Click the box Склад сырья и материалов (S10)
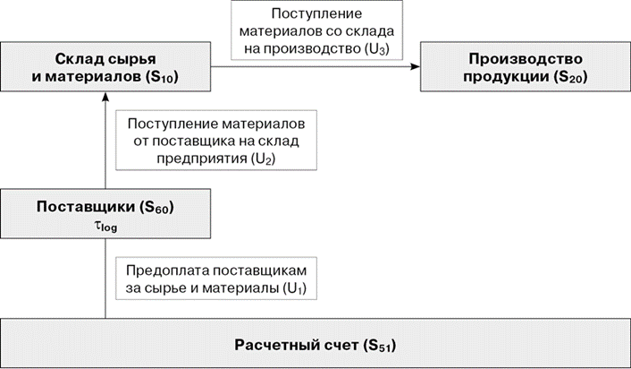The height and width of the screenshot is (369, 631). [x=105, y=67]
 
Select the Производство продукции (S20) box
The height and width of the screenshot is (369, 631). [x=525, y=67]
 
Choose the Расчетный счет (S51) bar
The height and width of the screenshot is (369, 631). [x=315, y=344]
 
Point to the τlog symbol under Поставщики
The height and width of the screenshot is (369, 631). [x=105, y=227]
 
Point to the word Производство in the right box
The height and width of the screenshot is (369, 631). [x=525, y=59]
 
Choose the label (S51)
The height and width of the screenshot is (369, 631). [x=379, y=345]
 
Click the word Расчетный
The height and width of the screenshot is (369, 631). [x=274, y=344]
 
